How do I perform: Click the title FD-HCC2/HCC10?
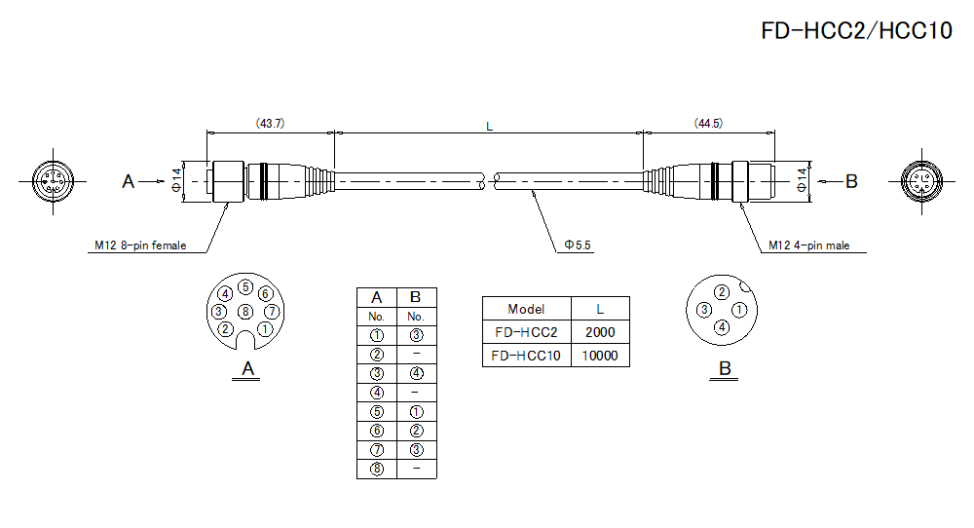point(856,31)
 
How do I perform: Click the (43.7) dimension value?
point(270,124)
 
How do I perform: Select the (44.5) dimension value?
point(708,124)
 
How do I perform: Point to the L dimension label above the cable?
point(489,126)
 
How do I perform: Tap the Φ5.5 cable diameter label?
point(577,245)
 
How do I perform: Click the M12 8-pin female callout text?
point(141,245)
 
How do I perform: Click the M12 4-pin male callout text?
point(808,245)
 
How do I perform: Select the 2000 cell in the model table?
point(600,332)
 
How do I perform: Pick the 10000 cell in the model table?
point(600,356)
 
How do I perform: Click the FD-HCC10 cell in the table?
point(526,356)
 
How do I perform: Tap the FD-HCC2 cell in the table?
point(526,332)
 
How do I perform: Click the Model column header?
point(526,309)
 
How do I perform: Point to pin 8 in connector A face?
point(245,311)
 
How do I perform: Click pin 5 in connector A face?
point(245,287)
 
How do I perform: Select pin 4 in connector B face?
point(722,327)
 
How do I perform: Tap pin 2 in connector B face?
point(722,292)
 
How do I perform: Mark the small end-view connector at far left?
point(51,181)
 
